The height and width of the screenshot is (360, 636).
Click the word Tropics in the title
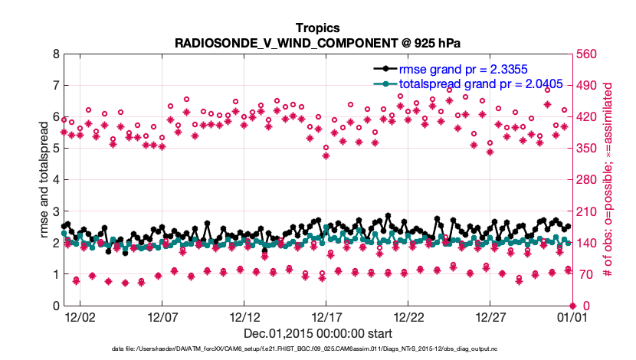[318, 28]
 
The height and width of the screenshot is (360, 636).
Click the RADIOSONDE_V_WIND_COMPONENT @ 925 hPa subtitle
[318, 43]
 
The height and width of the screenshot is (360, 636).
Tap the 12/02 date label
[80, 316]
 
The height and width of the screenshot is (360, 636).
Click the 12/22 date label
[409, 316]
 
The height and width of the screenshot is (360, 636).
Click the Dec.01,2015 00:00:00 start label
[318, 333]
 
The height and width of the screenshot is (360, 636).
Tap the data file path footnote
[318, 349]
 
